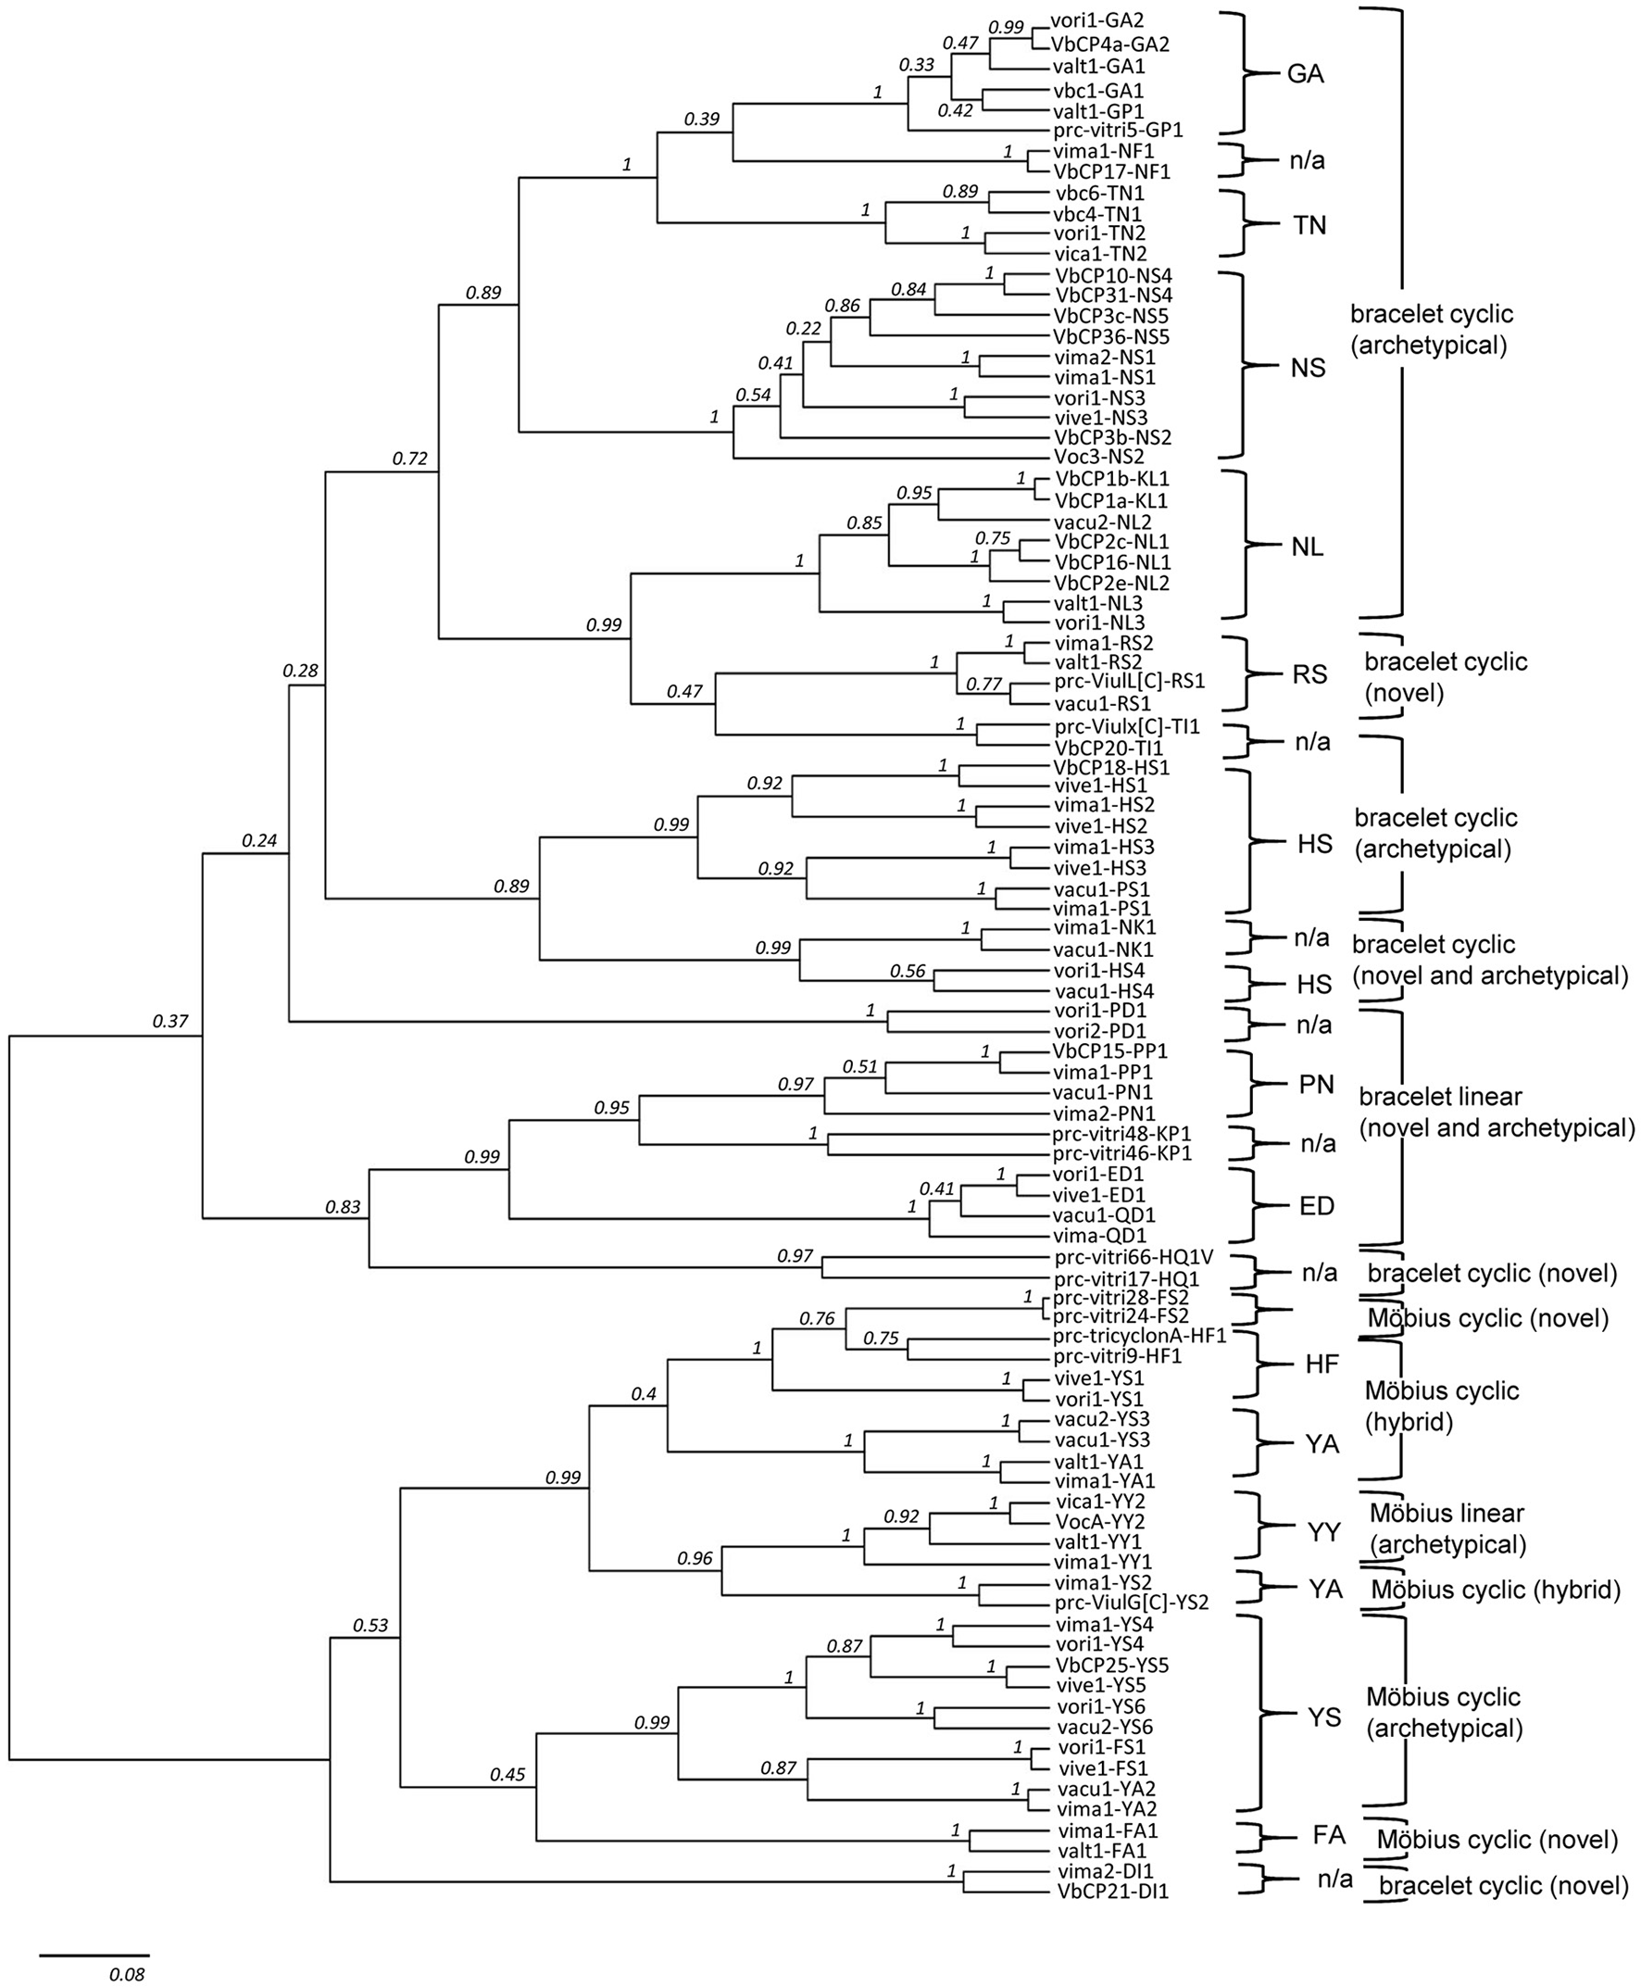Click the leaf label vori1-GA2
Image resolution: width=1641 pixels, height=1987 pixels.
1096,20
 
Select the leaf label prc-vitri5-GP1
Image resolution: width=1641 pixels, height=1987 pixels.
1119,130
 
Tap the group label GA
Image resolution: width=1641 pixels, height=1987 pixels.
1306,76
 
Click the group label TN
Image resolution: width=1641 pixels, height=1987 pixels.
1309,225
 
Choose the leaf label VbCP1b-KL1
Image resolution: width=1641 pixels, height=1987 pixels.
1110,479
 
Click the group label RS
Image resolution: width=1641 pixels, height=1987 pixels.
1309,675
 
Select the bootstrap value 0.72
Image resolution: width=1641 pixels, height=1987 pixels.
410,459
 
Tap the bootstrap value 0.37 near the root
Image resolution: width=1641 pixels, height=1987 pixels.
171,1021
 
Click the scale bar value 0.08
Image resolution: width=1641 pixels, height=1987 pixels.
127,1975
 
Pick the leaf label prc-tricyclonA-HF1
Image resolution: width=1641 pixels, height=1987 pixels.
1139,1336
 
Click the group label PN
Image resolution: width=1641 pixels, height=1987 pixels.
1316,1084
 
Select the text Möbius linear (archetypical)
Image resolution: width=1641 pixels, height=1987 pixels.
1447,1529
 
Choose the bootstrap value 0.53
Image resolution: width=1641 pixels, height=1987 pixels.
370,1626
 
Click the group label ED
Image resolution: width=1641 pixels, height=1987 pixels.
1317,1206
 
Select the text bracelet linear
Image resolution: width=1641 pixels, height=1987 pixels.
1441,1097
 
